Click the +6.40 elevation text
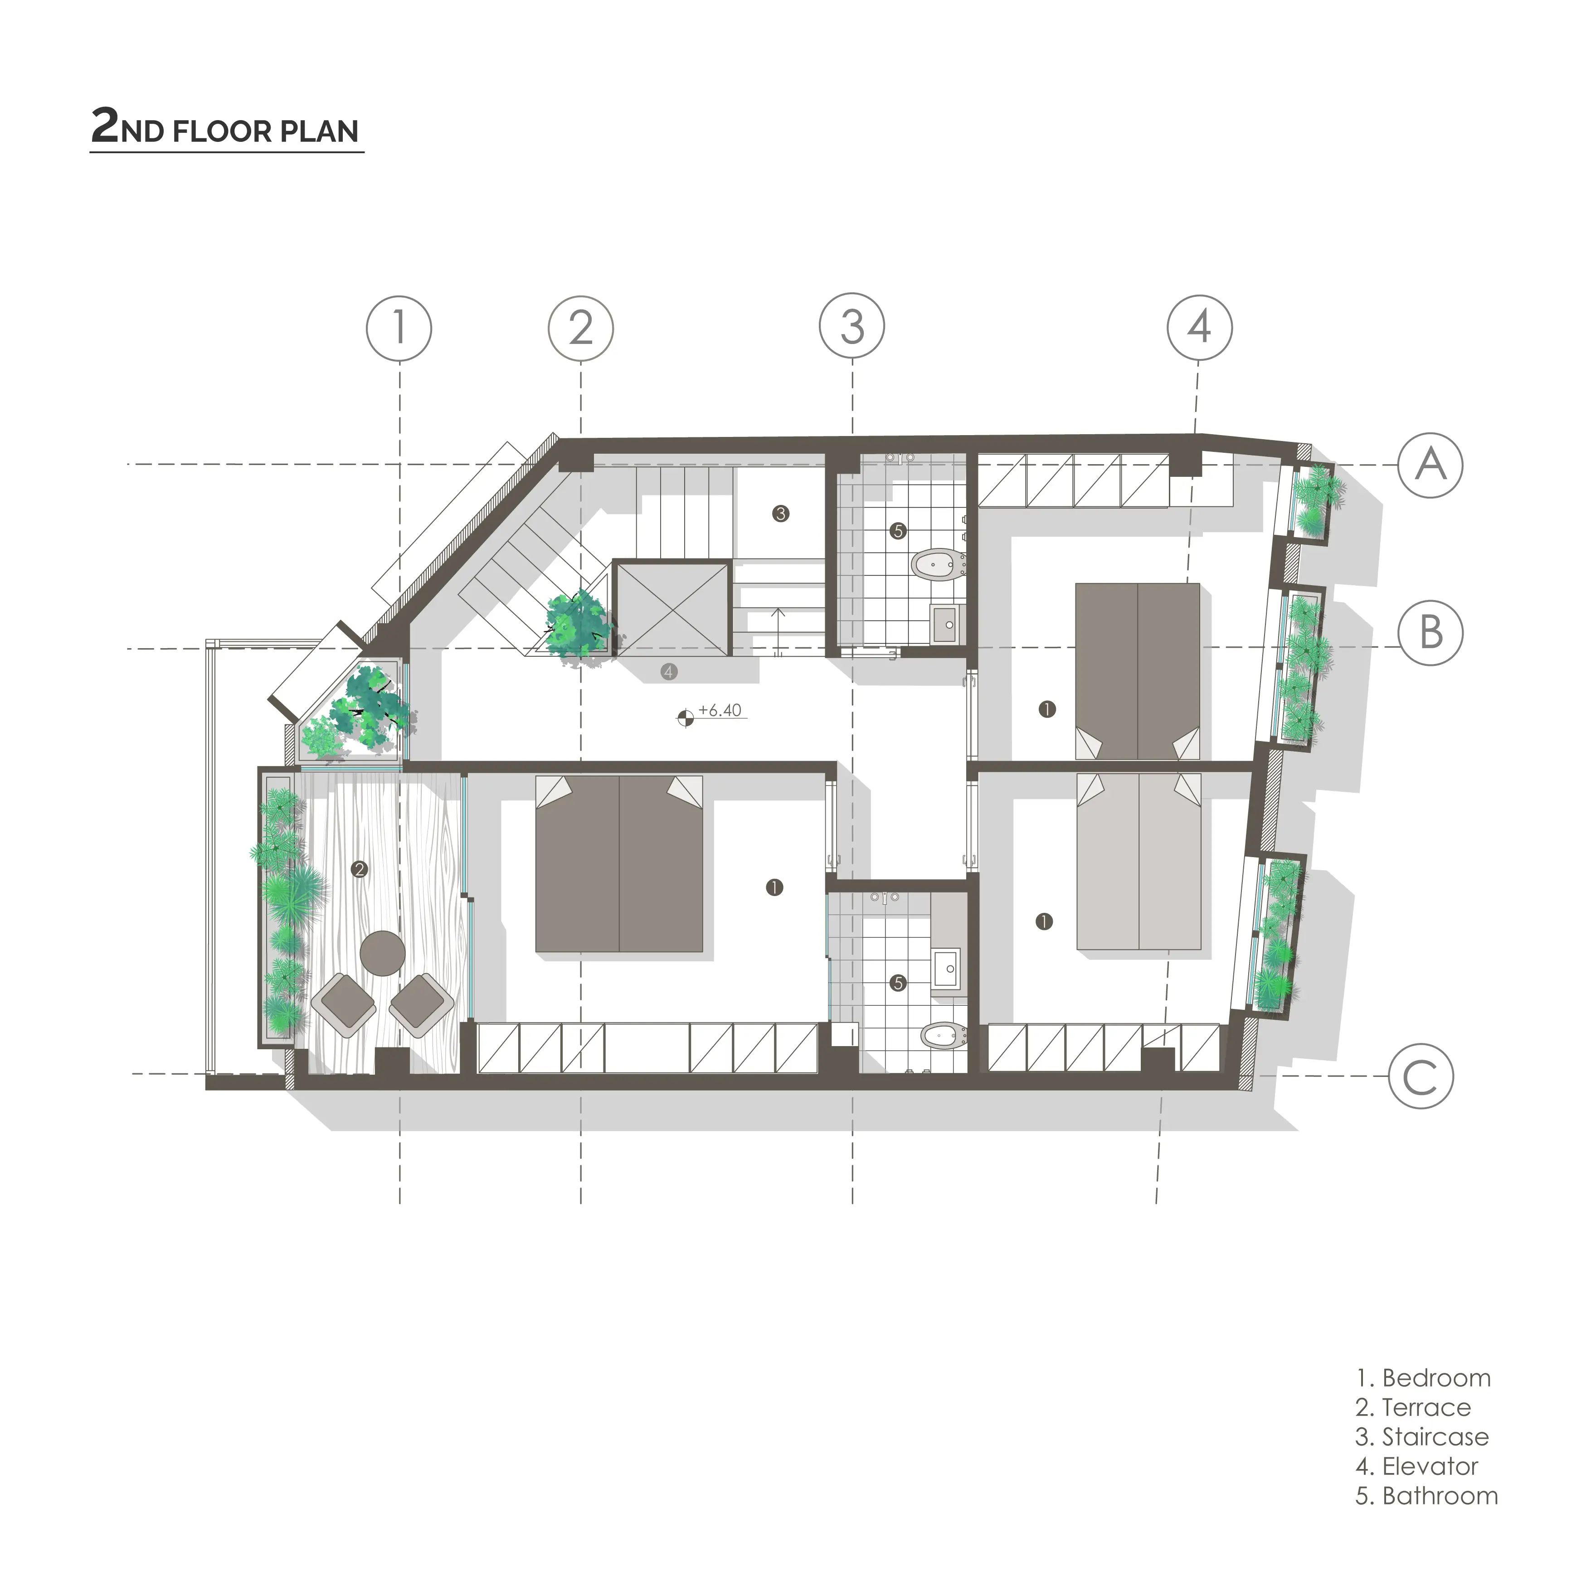point(720,711)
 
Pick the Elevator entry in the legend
point(1416,1466)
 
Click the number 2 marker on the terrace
point(359,869)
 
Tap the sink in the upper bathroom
point(947,624)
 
